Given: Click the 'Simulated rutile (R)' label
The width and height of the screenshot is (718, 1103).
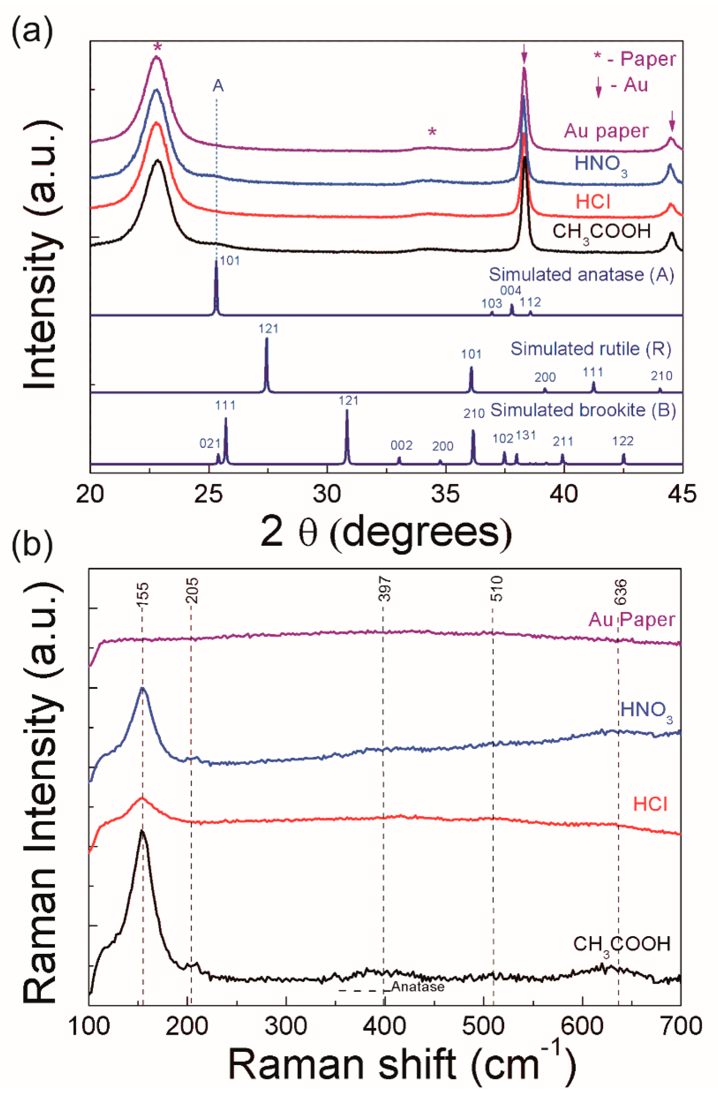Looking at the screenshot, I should (x=591, y=348).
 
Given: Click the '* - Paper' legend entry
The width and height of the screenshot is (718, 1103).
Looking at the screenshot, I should (x=634, y=59).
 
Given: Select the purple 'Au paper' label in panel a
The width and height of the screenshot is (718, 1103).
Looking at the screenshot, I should (x=605, y=131).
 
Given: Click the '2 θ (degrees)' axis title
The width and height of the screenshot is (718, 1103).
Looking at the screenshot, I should (x=386, y=532).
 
